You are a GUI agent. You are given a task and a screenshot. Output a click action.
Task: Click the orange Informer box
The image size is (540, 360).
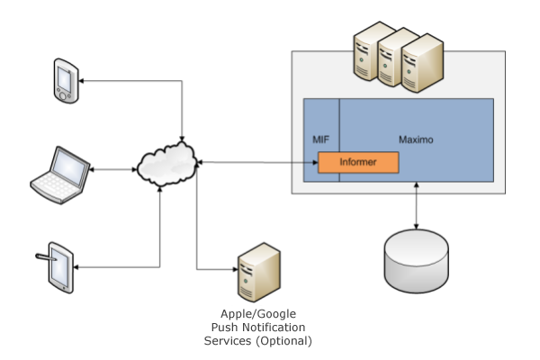pyautogui.click(x=358, y=163)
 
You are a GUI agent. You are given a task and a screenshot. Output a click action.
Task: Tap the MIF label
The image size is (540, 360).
pyautogui.click(x=320, y=140)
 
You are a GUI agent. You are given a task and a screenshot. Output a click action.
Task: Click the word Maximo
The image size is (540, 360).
pyautogui.click(x=417, y=140)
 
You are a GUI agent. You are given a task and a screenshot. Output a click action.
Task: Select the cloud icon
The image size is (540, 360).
pyautogui.click(x=168, y=164)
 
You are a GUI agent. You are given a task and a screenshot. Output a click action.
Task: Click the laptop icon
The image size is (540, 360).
pyautogui.click(x=61, y=175)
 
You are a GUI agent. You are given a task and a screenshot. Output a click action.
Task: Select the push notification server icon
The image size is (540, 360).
pyautogui.click(x=250, y=274)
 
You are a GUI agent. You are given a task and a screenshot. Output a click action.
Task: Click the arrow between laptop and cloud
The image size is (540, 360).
pyautogui.click(x=112, y=166)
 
